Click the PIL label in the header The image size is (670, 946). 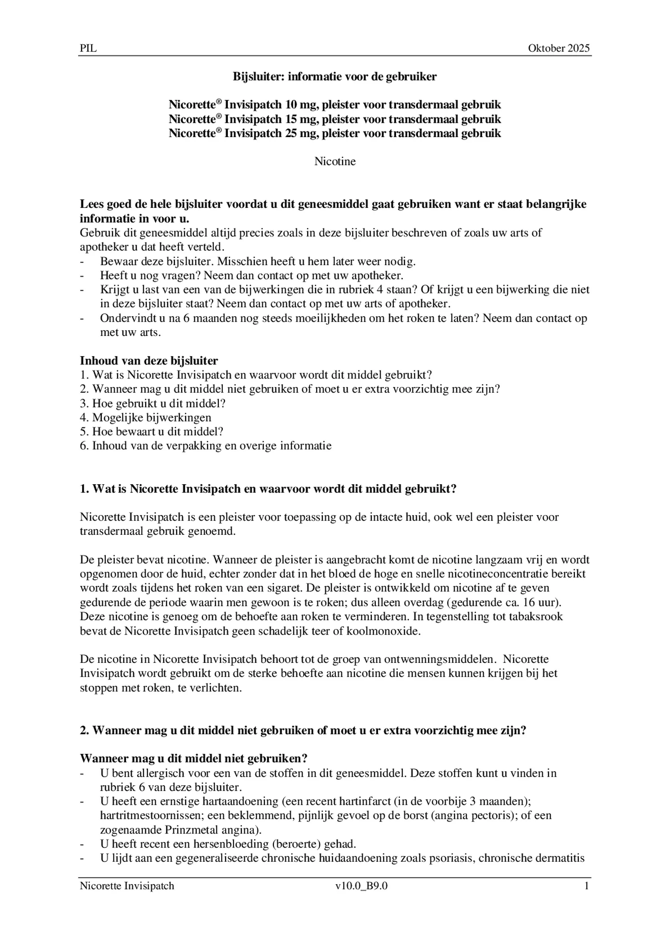[88, 48]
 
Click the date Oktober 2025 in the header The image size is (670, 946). [558, 48]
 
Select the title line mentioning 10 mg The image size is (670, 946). [335, 105]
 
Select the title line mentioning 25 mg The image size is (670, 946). [335, 133]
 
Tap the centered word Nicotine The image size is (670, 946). [335, 162]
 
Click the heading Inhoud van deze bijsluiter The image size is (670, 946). [149, 361]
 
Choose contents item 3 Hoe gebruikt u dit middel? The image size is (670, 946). [152, 404]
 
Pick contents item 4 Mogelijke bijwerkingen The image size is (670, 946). [145, 418]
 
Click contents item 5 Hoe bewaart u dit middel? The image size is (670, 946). [152, 432]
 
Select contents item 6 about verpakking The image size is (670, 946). [205, 446]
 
